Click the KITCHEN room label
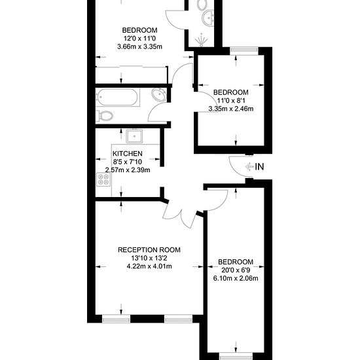pos(128,154)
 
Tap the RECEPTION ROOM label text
pos(149,250)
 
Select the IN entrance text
pos(259,167)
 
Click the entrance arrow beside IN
pos(249,167)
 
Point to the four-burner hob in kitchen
pos(103,179)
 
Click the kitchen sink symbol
pos(134,136)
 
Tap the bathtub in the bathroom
pos(117,98)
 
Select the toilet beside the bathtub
pos(105,115)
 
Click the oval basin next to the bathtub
pos(158,94)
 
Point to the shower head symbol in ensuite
pos(202,40)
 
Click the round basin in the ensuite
pos(208,17)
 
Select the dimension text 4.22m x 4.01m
pos(149,266)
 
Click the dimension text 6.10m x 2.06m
pos(236,278)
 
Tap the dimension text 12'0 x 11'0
pos(139,39)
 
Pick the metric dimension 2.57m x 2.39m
pos(128,170)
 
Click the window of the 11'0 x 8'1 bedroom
pos(244,50)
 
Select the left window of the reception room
pos(116,319)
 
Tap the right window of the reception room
pos(179,319)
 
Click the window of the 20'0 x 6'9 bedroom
pos(236,357)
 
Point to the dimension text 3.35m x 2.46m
pos(231,109)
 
